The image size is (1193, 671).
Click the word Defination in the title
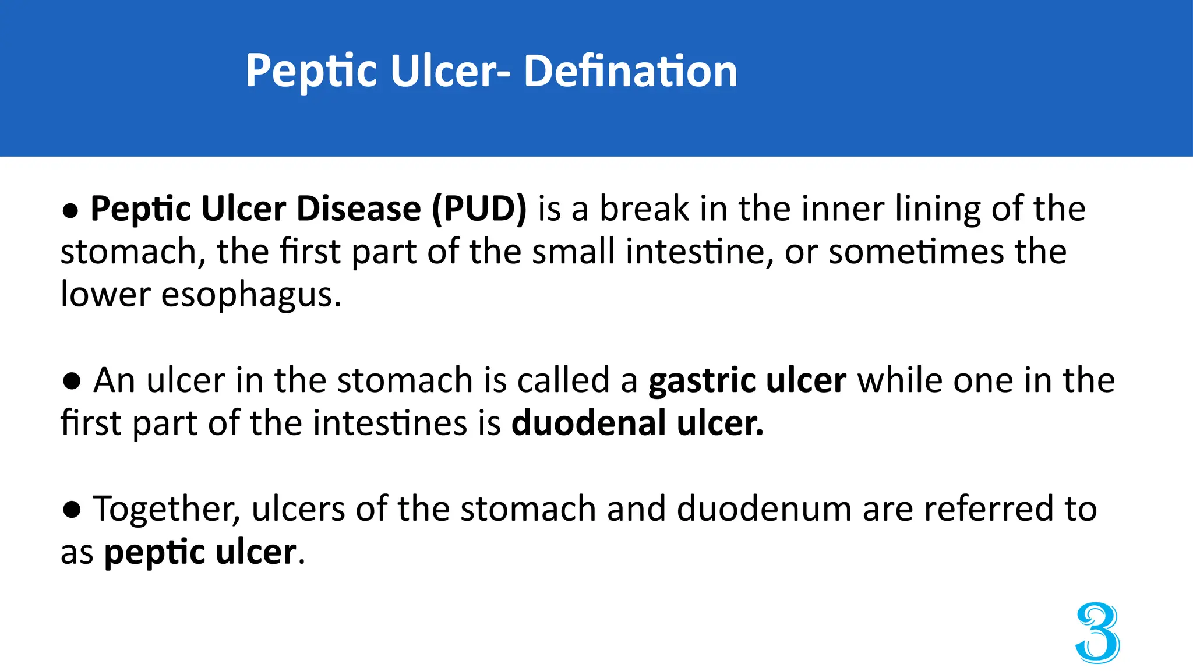[630, 71]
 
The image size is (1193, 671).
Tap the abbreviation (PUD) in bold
[479, 209]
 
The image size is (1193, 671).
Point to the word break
[644, 209]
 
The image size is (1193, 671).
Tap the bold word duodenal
[588, 423]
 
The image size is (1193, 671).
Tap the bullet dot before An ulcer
[72, 381]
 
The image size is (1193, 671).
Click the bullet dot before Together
[72, 509]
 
